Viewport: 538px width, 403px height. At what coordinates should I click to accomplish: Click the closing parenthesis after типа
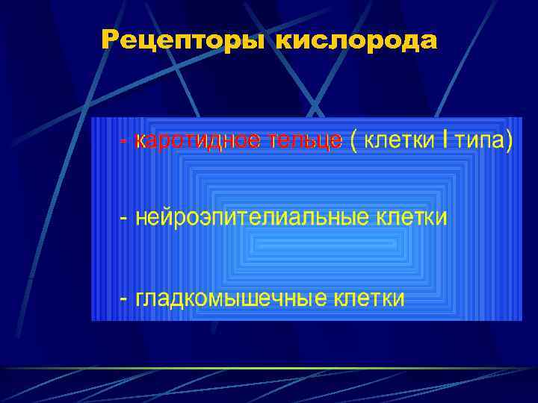(x=510, y=141)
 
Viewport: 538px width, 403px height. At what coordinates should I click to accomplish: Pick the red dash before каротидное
(x=123, y=141)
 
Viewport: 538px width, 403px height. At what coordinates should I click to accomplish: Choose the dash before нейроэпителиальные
(x=123, y=218)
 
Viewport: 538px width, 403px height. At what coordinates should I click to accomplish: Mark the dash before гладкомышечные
(x=123, y=299)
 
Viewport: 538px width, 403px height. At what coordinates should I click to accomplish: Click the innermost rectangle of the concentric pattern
(x=306, y=244)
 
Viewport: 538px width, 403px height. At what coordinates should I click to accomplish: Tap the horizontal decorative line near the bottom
(x=269, y=369)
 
